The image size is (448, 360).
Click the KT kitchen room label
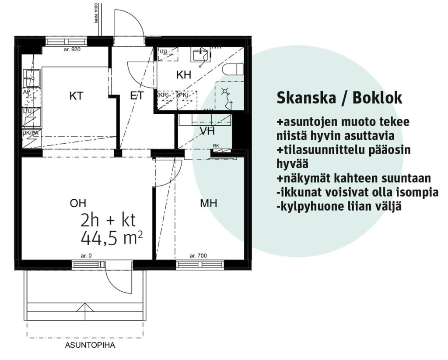[76, 96]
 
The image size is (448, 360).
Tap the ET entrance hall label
[137, 95]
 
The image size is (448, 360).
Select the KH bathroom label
[184, 75]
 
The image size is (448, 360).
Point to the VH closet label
[207, 131]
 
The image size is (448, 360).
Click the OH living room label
[78, 203]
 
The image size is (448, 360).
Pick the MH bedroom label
[209, 203]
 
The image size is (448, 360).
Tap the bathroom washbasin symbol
[201, 55]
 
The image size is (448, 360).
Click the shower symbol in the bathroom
[226, 92]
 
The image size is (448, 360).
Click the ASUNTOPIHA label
[90, 345]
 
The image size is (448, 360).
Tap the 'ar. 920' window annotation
[72, 49]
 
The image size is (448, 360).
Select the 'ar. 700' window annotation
[198, 256]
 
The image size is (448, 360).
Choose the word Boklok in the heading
[378, 98]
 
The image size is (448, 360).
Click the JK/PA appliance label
[31, 133]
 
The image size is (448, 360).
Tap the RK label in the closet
[216, 146]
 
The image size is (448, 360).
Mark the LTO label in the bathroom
[164, 52]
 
